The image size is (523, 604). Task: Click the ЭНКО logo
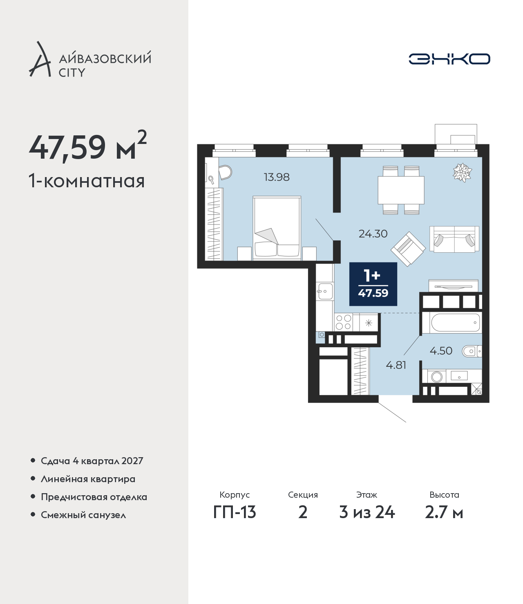point(449,59)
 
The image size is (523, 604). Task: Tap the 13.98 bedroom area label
point(277,177)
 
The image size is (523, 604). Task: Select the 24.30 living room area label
point(373,234)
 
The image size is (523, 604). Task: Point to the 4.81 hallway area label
point(396,365)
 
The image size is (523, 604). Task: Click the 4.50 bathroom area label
point(441,350)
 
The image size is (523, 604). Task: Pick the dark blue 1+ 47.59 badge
point(373,284)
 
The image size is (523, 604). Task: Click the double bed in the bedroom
point(277,228)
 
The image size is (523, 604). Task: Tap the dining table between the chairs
point(401,190)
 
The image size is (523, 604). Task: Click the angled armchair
point(408,249)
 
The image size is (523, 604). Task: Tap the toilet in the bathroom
point(472,351)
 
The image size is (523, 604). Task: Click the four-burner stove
point(343,322)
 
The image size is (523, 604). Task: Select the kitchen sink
point(325,291)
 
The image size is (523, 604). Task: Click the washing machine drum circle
point(436,377)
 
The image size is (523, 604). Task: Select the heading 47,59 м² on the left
point(87,146)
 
